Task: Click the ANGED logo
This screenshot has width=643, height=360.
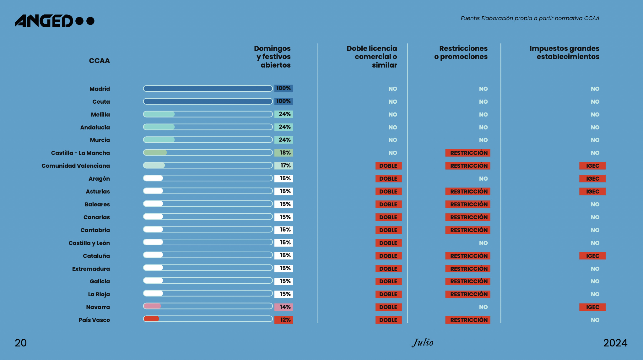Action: click(x=54, y=21)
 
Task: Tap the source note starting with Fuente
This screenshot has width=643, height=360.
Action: click(x=530, y=18)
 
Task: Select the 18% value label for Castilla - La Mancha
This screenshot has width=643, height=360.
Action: click(x=284, y=153)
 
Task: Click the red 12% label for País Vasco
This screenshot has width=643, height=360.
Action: click(x=284, y=320)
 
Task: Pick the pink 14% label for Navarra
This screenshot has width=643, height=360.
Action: click(x=284, y=307)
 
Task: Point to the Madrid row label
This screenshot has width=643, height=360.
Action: click(x=100, y=89)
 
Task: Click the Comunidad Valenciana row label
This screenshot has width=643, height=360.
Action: click(x=76, y=166)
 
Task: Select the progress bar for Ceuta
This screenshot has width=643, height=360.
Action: click(x=208, y=101)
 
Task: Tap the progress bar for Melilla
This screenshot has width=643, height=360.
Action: click(x=208, y=114)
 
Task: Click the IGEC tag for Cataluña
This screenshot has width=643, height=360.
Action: click(x=592, y=256)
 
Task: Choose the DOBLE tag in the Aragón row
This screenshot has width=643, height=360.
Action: click(x=388, y=179)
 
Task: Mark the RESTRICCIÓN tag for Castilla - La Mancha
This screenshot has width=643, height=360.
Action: click(x=468, y=153)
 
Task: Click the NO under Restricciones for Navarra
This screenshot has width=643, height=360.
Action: click(x=483, y=307)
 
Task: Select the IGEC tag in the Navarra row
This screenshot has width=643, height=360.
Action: click(x=592, y=307)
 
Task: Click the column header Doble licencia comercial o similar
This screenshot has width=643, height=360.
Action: click(x=372, y=57)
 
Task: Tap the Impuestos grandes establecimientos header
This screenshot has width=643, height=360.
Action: click(x=564, y=53)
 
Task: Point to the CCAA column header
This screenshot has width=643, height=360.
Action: click(x=99, y=61)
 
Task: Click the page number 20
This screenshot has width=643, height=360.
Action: click(x=21, y=343)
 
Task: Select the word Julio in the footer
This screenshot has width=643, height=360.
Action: click(x=423, y=342)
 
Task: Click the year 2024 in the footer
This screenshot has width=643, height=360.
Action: click(x=615, y=343)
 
